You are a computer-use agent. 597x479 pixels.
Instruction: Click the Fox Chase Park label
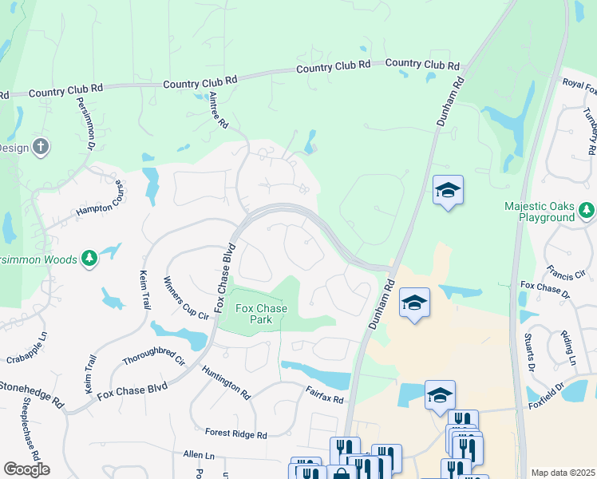(x=254, y=313)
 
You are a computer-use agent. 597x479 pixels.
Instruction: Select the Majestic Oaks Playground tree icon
(x=587, y=210)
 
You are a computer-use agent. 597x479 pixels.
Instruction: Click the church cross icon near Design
(x=42, y=147)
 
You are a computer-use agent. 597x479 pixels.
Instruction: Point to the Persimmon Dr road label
(x=86, y=124)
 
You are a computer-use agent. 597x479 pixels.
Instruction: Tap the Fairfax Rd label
(x=324, y=394)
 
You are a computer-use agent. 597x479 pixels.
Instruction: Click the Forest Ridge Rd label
(x=235, y=433)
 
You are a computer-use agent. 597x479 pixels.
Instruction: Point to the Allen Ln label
(x=199, y=453)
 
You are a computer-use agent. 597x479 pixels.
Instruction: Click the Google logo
(x=26, y=469)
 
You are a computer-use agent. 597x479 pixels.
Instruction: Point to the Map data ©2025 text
(x=563, y=473)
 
